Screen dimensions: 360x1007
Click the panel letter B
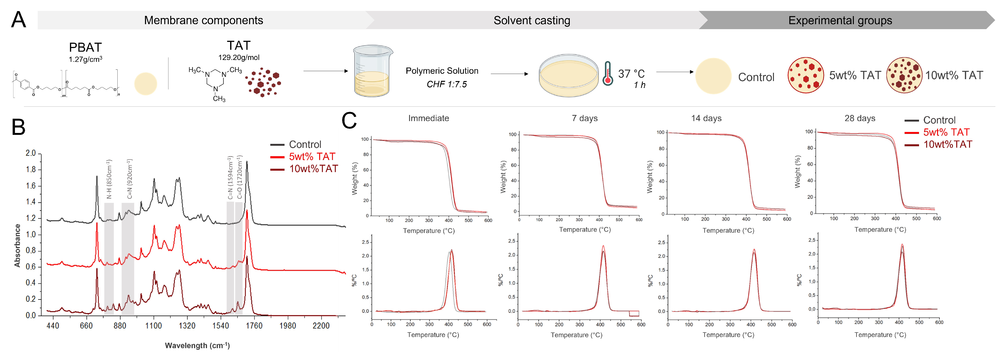pos(18,128)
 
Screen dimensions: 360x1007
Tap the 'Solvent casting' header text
pos(532,20)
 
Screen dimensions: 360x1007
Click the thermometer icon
pos(607,73)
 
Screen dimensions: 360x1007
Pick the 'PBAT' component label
pos(85,47)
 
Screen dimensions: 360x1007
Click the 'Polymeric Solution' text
pos(442,71)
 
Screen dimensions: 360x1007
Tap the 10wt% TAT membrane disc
pos(904,75)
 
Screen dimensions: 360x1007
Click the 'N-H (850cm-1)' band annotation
pos(109,179)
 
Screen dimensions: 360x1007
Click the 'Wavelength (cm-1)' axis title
pos(198,346)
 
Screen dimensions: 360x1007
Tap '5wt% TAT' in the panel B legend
pos(312,157)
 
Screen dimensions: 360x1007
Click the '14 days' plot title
pos(706,118)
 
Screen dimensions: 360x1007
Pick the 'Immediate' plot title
pos(428,118)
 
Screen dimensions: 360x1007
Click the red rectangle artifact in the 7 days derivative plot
pos(634,314)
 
